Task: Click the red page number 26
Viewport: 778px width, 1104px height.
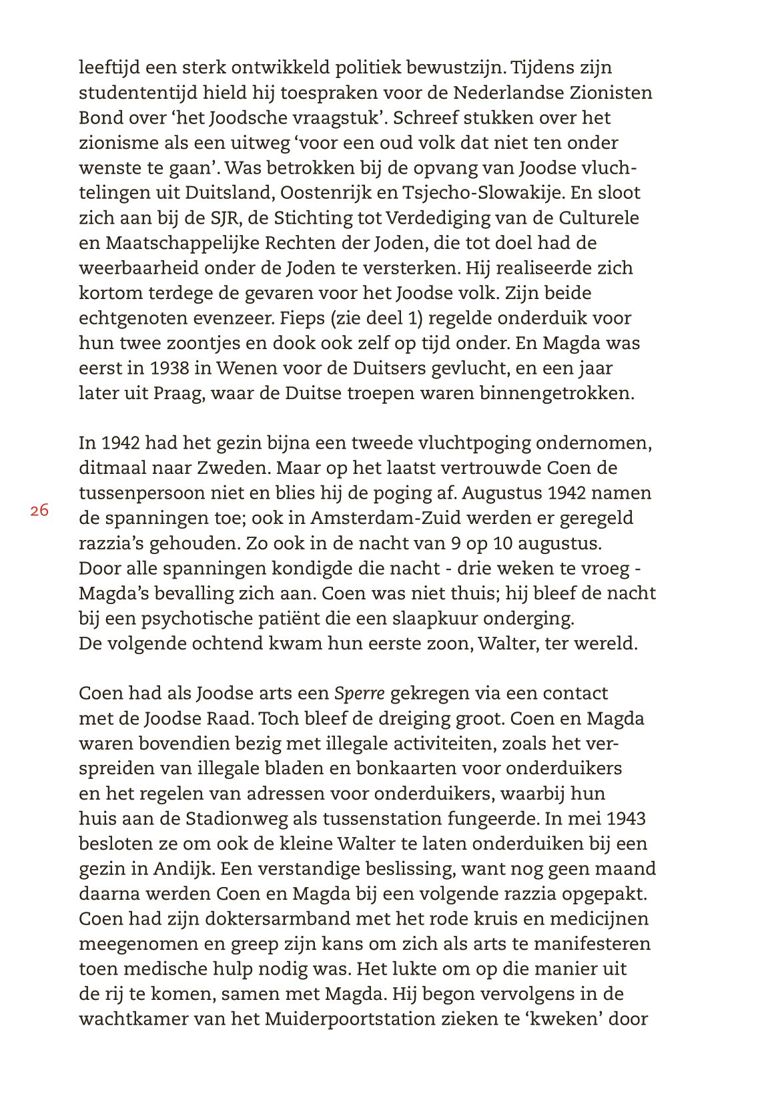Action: click(39, 511)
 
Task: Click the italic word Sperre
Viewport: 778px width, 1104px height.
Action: click(359, 694)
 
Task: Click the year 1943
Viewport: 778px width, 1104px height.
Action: click(627, 819)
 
